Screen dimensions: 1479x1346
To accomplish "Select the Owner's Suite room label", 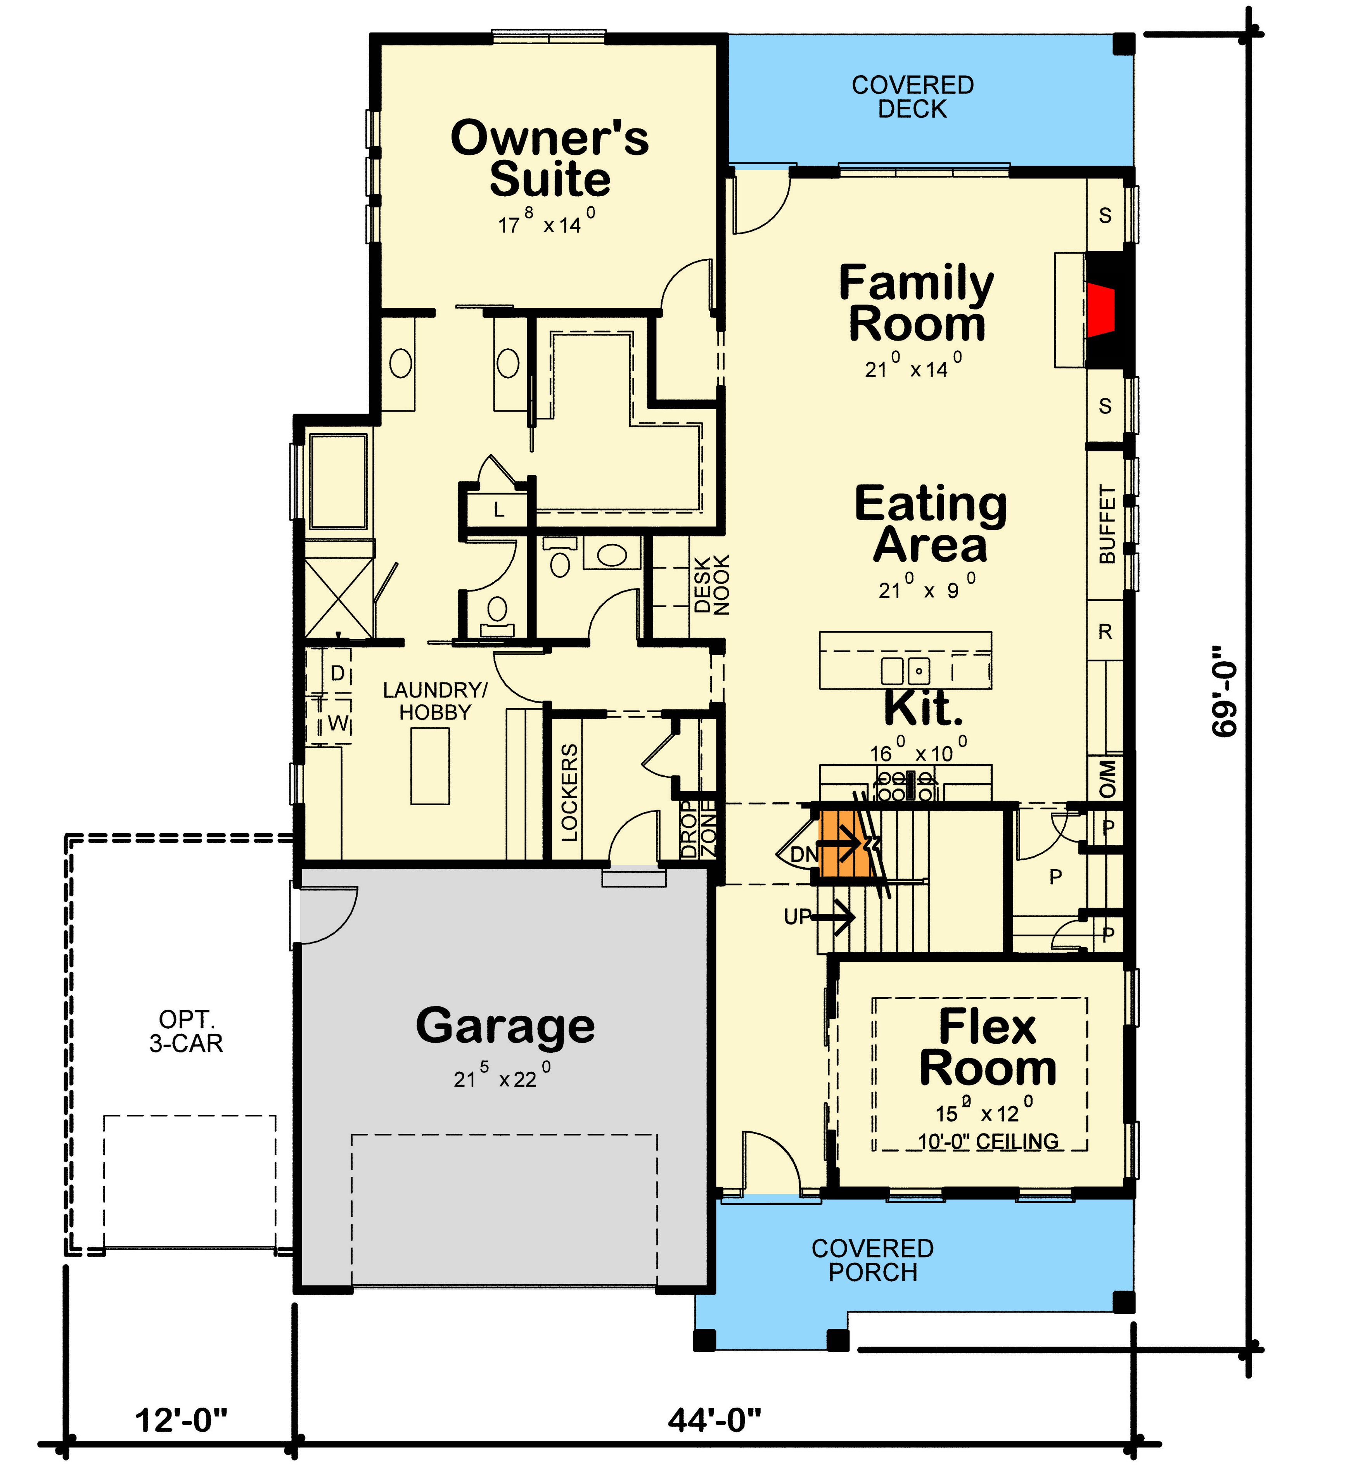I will [549, 159].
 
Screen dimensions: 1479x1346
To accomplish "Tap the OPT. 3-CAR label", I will [186, 1031].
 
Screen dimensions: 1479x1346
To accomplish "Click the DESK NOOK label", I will [711, 585].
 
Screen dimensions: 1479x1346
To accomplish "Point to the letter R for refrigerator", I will [1105, 631].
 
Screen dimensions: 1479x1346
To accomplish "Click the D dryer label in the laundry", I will [337, 673].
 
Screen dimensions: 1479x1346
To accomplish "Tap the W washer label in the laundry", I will [337, 723].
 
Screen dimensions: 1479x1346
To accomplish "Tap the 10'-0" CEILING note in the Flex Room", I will [988, 1142].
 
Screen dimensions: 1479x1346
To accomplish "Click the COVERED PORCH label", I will [872, 1260].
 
